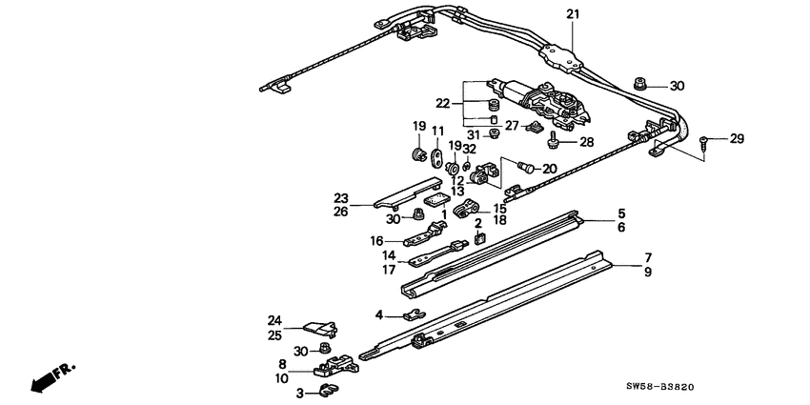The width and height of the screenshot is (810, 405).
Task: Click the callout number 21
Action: (572, 14)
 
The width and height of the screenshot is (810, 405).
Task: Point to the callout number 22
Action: (443, 103)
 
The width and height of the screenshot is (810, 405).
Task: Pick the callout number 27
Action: (511, 125)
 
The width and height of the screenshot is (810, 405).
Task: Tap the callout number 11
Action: (438, 131)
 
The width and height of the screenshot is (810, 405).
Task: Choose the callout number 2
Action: (478, 223)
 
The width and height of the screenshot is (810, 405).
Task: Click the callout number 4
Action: (378, 314)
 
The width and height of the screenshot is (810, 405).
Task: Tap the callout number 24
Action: (274, 320)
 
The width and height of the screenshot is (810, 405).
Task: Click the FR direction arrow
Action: (52, 376)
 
